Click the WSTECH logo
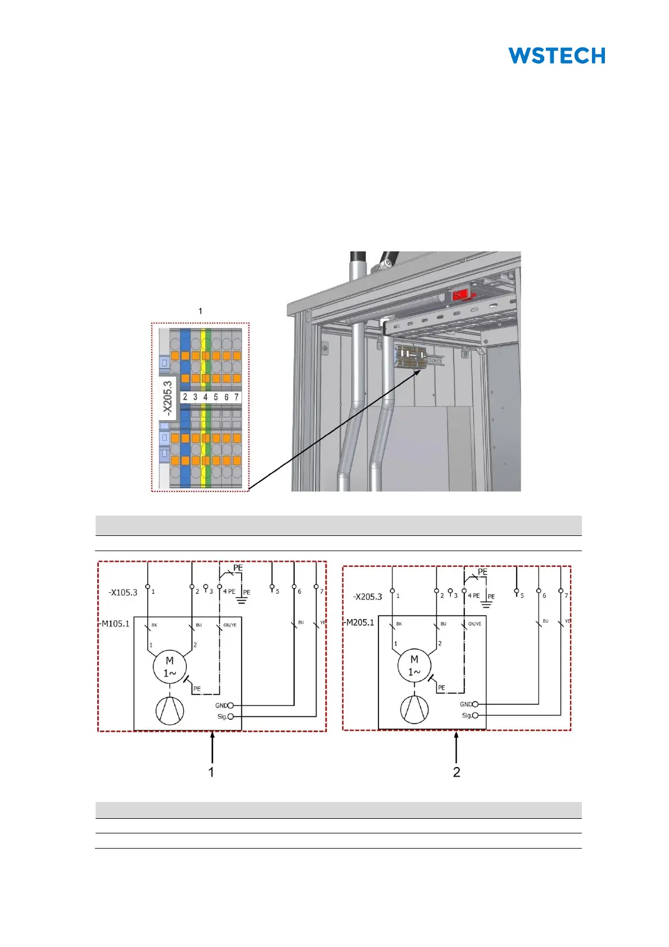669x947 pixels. tap(557, 56)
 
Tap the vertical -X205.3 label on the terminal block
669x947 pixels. tap(168, 398)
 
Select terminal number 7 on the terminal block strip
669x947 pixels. tap(236, 397)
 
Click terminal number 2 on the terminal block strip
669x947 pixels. tap(185, 397)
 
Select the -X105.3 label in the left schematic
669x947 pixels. tap(123, 592)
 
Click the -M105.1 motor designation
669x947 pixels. tap(115, 623)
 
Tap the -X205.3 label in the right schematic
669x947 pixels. tap(368, 597)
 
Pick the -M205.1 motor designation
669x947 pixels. tap(359, 622)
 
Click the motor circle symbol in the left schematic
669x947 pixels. tap(170, 667)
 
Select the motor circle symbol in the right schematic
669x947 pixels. tap(414, 666)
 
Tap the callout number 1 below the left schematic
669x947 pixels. tap(211, 772)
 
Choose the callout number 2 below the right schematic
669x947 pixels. tap(456, 772)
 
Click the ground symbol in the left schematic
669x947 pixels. tap(242, 599)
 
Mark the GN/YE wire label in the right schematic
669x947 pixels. tap(474, 624)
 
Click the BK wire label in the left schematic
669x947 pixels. tap(155, 625)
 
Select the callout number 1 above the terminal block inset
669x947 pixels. tap(200, 311)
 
